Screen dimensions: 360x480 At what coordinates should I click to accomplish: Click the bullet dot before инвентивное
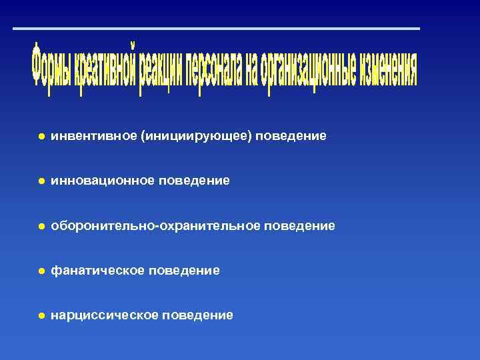[x=41, y=136]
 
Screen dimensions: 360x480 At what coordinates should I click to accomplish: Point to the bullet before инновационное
[x=41, y=181]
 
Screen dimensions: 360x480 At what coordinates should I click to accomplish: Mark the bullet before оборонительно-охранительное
[x=41, y=226]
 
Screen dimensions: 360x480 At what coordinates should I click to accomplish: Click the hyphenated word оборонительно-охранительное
[x=156, y=226]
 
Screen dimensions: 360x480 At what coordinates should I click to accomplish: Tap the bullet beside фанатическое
[x=41, y=271]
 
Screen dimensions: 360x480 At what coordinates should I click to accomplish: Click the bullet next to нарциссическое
[x=41, y=315]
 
